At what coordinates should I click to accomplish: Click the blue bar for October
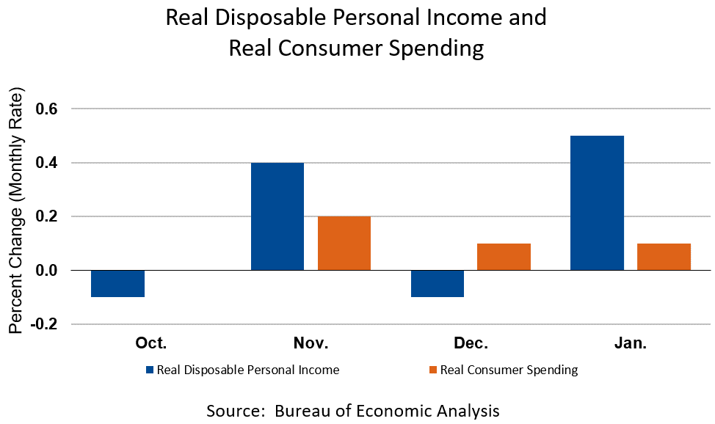tap(117, 283)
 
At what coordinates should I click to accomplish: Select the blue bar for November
tap(277, 216)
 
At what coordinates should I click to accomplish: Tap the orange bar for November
tap(344, 243)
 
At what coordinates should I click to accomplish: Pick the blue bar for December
tap(438, 283)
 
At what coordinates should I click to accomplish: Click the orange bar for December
tap(504, 257)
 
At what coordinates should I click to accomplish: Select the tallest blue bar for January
tap(597, 203)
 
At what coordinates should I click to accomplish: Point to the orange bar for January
tap(664, 257)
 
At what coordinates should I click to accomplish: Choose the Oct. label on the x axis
tap(151, 343)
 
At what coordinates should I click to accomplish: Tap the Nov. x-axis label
tap(311, 343)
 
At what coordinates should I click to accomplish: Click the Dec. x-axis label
tap(471, 343)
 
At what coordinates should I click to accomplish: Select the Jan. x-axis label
tap(630, 343)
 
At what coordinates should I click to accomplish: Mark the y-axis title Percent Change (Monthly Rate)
tap(16, 213)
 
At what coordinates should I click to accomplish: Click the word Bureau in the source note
tap(305, 410)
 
